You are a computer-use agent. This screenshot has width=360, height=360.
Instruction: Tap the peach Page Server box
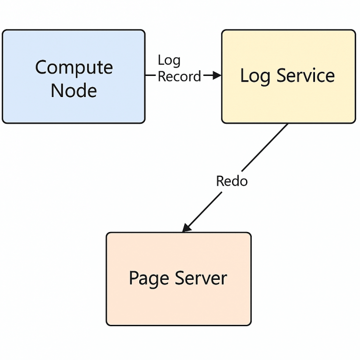click(178, 305)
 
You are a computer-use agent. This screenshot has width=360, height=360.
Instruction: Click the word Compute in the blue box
click(74, 68)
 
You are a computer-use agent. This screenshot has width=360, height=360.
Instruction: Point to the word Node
click(74, 90)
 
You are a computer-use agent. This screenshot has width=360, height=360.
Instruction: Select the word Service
click(306, 75)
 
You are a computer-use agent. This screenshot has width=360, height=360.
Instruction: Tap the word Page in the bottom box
click(149, 278)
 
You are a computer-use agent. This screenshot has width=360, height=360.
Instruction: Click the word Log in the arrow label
click(169, 60)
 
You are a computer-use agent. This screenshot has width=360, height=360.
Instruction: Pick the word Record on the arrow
click(179, 76)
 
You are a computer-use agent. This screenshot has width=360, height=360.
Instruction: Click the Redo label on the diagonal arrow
click(232, 181)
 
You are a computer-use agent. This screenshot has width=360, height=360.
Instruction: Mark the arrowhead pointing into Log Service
click(217, 75)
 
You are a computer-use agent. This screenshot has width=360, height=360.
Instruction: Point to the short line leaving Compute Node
click(150, 75)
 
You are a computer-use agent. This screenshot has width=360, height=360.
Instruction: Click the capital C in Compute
click(41, 68)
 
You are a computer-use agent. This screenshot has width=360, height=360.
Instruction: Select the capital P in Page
click(134, 278)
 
